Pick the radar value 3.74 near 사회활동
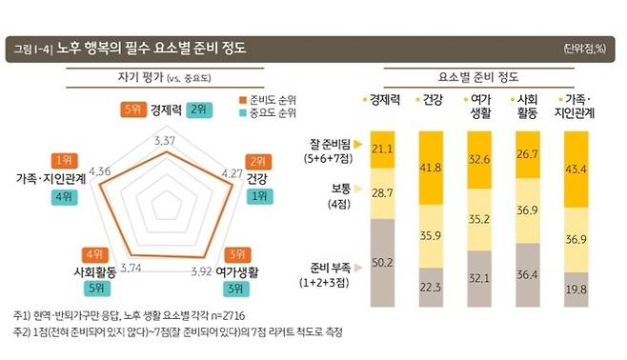pyautogui.click(x=131, y=268)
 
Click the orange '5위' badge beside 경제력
pyautogui.click(x=132, y=109)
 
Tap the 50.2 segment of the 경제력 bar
pyautogui.click(x=383, y=262)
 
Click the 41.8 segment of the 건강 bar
pyautogui.click(x=430, y=168)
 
